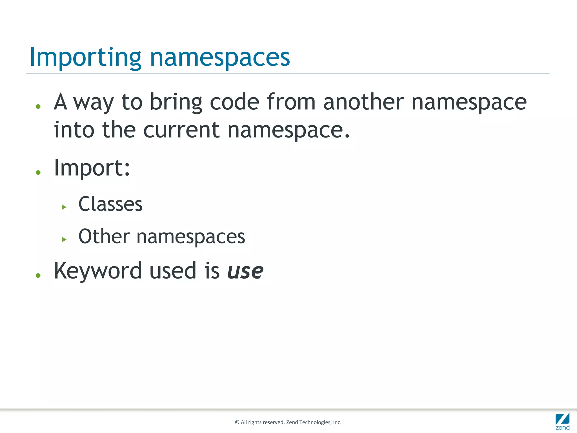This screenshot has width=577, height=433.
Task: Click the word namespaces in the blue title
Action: point(220,58)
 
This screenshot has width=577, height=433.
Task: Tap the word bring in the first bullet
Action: point(176,102)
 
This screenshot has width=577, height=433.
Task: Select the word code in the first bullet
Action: point(234,102)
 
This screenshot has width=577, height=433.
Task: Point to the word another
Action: point(363,102)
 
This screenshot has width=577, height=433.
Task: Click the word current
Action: point(181,130)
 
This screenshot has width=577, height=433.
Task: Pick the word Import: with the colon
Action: point(92,168)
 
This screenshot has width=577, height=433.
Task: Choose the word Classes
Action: point(110,204)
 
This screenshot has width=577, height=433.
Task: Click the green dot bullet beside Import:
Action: point(38,173)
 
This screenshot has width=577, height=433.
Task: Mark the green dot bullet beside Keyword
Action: point(38,275)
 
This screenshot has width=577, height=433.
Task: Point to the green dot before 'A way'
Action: point(38,107)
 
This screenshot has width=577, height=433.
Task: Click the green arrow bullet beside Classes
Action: point(64,207)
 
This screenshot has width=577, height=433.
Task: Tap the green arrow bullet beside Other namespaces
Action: point(64,240)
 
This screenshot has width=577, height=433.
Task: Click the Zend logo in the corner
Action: point(562,421)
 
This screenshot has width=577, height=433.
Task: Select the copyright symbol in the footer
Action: point(237,422)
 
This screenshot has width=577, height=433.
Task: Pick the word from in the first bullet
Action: point(291,102)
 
